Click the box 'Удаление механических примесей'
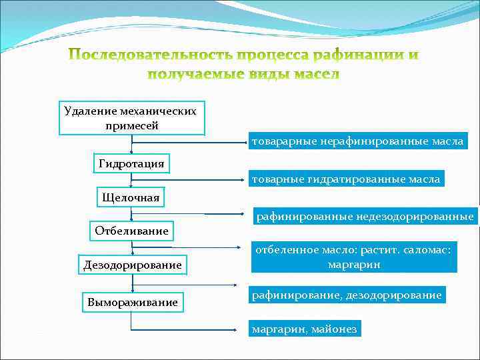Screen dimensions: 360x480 [x=131, y=118]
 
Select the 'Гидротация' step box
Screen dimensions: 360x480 [x=131, y=164]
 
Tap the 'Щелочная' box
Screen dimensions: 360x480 [x=131, y=197]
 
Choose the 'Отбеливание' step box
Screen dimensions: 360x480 [x=131, y=231]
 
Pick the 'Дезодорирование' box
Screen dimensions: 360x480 [x=132, y=265]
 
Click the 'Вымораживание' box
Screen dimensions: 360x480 [x=132, y=302]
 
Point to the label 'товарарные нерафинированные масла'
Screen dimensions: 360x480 [x=357, y=141]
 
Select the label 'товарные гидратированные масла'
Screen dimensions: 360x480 [x=345, y=179]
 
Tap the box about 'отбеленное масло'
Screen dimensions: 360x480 [x=354, y=257]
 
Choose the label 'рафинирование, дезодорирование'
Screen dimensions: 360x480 [x=346, y=295]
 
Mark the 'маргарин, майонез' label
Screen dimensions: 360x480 [x=304, y=329]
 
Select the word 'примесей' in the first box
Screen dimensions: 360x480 [x=131, y=125]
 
